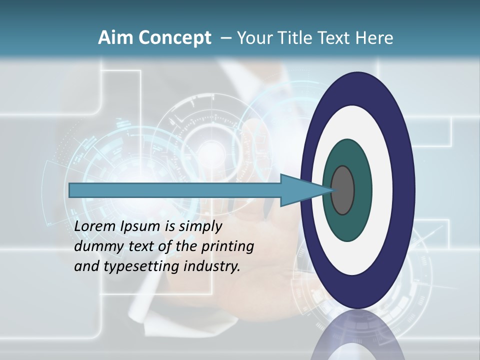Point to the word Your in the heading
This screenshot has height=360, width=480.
253,38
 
